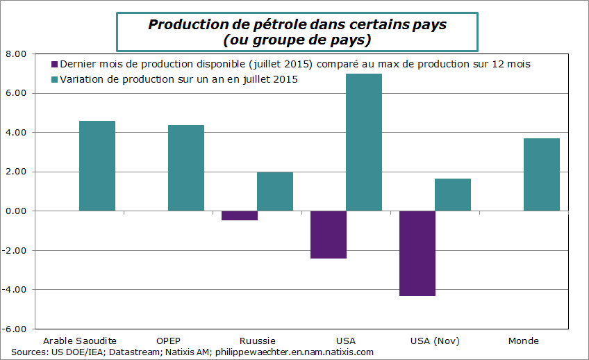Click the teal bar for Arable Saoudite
point(97,166)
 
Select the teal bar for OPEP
point(186,168)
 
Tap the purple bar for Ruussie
point(239,215)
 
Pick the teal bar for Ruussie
point(275,191)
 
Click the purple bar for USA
point(328,234)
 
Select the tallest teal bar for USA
point(364,142)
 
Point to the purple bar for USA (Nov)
point(417,253)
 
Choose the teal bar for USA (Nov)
point(453,195)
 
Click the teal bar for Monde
point(542,174)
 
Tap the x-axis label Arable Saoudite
point(80,341)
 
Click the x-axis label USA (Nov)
point(435,341)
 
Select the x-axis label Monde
point(523,341)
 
